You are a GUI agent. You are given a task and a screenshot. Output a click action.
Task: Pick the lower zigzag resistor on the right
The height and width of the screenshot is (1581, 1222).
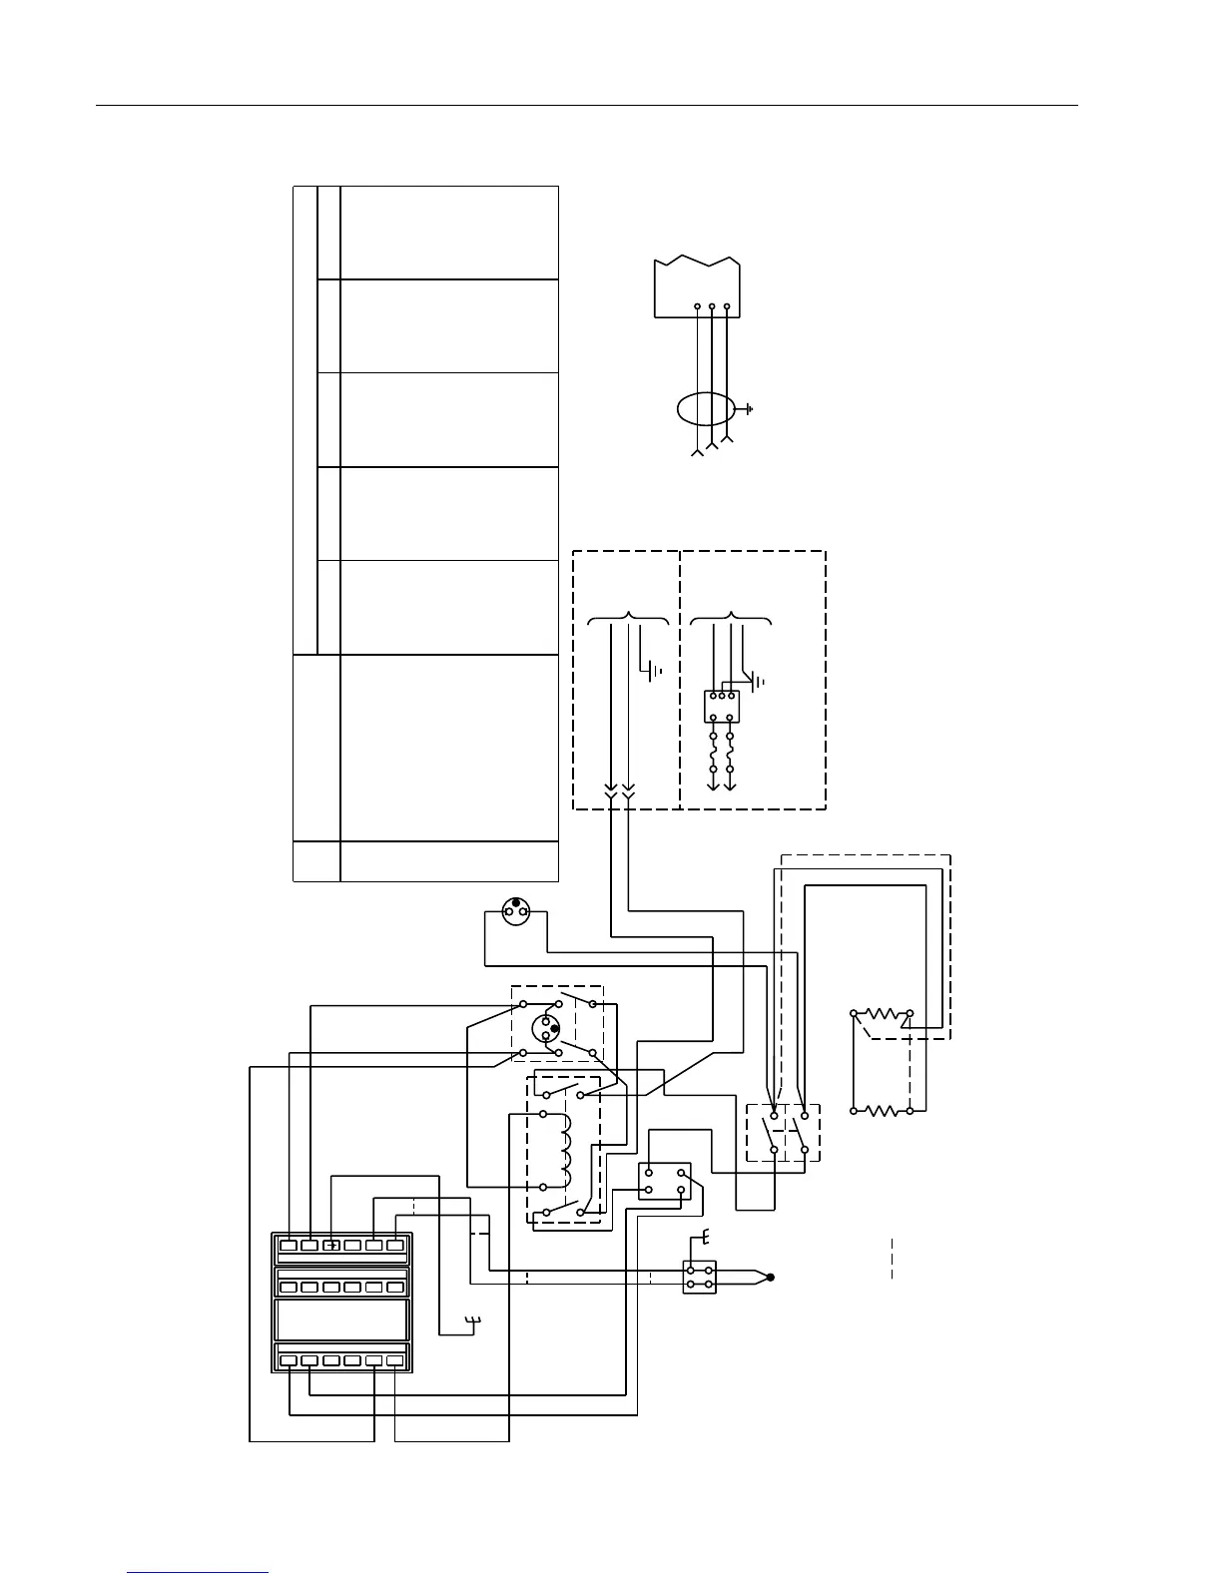point(882,1110)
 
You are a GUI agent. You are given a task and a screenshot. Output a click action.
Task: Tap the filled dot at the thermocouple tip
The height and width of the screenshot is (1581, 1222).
point(771,1277)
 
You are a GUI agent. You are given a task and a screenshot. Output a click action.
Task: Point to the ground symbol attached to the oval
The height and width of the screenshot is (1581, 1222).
point(747,409)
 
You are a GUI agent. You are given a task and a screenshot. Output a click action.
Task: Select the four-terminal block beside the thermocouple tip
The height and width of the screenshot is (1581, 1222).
point(699,1278)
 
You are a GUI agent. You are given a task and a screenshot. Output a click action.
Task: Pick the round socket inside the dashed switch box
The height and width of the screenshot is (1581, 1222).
point(546,1028)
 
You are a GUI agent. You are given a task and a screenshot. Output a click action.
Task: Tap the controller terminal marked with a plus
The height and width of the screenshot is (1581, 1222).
point(330,1245)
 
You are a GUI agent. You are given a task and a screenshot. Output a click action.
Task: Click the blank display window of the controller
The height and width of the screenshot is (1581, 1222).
point(340,1319)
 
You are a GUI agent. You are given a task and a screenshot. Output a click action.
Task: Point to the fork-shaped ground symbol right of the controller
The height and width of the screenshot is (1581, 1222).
point(474,1324)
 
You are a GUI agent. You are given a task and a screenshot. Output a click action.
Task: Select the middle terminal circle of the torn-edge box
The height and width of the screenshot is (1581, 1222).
point(711,306)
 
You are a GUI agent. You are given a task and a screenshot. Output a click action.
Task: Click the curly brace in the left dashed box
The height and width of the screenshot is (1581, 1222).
point(628,618)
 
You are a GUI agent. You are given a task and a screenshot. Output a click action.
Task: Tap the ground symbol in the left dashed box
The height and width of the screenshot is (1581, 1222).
point(654,671)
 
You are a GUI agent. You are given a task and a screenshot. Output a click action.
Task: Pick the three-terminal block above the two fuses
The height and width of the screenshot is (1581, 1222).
point(721,706)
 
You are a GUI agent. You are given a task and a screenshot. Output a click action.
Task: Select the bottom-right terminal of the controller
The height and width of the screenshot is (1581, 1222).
point(394,1359)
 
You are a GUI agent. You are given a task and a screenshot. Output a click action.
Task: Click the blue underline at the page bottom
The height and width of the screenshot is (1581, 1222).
point(198,1573)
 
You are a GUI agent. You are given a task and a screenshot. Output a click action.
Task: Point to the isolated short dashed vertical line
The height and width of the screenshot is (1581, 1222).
point(892,1260)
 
